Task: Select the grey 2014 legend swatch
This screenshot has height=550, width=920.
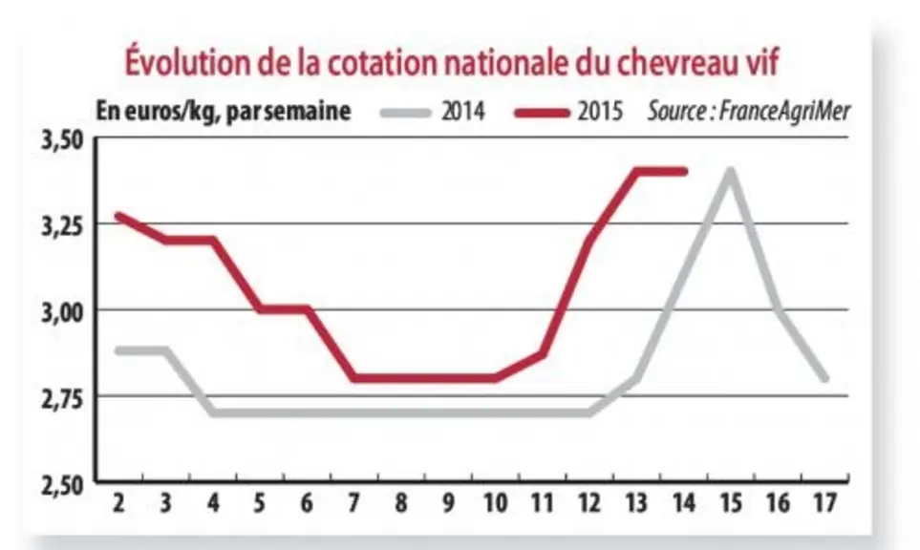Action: click(x=405, y=113)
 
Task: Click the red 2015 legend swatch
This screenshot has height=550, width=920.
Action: click(x=542, y=113)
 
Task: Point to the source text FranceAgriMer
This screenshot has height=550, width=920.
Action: click(x=784, y=111)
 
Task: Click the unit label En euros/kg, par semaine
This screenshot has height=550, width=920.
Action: click(x=224, y=112)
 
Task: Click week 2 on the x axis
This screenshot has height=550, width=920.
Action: click(x=118, y=503)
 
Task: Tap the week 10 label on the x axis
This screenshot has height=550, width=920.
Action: click(x=495, y=503)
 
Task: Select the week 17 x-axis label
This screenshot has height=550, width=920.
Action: click(x=825, y=503)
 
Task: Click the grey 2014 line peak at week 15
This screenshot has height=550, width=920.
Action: click(x=731, y=171)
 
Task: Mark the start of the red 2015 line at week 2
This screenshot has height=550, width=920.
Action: click(x=118, y=216)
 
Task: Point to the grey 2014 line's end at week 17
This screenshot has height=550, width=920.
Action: click(x=825, y=378)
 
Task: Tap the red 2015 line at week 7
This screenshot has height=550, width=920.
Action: click(x=353, y=378)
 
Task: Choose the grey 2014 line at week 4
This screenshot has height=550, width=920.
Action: click(x=213, y=412)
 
